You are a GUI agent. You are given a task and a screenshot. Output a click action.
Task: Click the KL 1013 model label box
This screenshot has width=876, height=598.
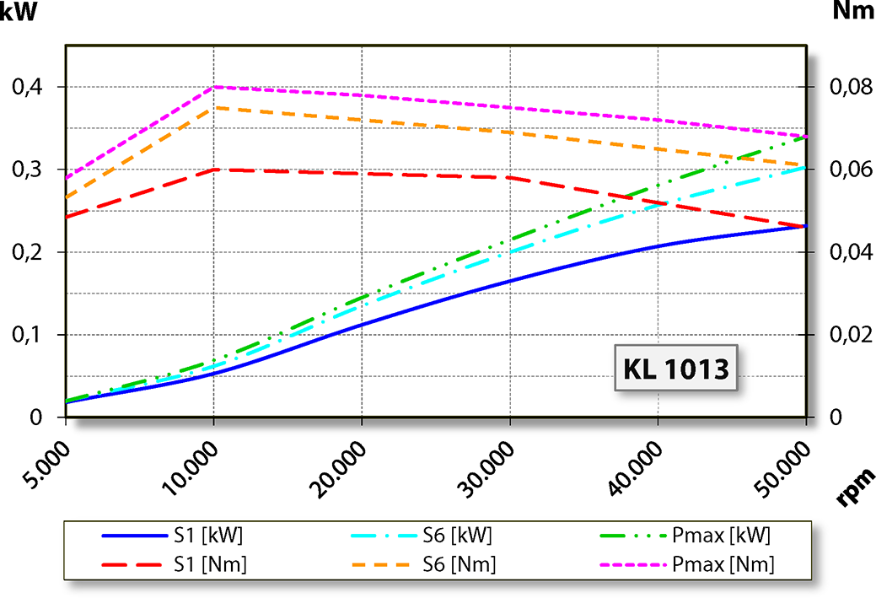677,369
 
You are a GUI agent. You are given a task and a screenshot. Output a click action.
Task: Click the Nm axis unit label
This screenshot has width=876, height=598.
852,12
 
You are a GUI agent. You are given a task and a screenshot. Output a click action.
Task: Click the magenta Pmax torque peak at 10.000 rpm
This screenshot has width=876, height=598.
214,86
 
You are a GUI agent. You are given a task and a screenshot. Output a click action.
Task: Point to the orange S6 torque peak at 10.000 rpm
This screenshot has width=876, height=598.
214,107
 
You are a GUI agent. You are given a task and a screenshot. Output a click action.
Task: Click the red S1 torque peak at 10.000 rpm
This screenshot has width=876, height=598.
214,169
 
